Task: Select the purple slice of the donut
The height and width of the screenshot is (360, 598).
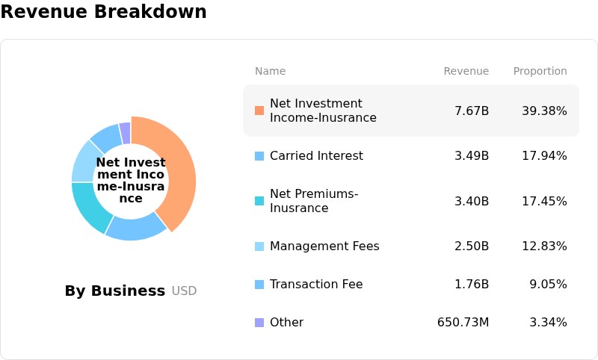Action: coord(125,133)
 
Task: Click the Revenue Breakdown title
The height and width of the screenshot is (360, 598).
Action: coord(103,11)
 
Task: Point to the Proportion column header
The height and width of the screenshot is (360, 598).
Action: coord(540,71)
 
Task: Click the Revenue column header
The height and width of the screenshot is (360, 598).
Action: coord(466,71)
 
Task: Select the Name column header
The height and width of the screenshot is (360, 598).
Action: coord(270,71)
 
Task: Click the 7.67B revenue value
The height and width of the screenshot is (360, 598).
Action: coord(472,111)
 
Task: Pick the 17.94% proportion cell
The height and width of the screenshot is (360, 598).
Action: coord(544,156)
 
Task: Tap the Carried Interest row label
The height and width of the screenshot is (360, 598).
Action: coord(316,156)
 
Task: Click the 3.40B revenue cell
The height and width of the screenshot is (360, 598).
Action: coord(472,201)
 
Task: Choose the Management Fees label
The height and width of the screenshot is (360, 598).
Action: coord(324,246)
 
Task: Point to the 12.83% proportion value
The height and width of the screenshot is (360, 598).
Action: coord(544,246)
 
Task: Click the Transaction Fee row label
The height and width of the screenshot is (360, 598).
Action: coord(316,284)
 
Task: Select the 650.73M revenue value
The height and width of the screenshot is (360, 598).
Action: coord(463,323)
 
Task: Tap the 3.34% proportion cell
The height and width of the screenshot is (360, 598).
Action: coord(548,323)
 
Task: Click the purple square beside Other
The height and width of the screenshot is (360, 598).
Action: coord(259,323)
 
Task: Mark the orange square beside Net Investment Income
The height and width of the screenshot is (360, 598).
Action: coord(259,111)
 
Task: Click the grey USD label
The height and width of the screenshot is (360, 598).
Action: coord(184,291)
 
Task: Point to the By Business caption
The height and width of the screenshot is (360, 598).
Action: coord(115,291)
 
